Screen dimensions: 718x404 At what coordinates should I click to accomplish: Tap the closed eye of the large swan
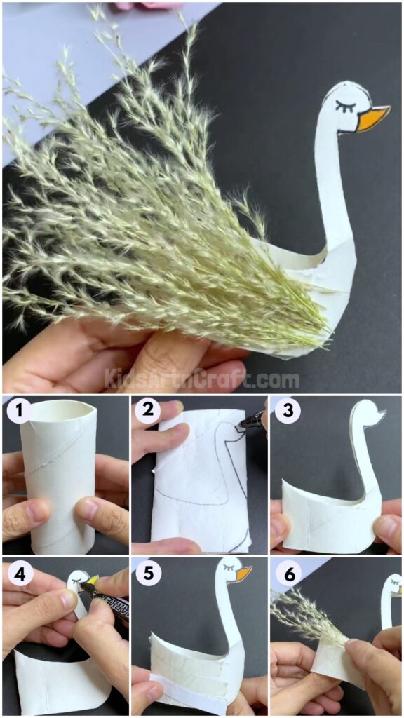click(346, 106)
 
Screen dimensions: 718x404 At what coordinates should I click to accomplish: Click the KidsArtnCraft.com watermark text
click(202, 379)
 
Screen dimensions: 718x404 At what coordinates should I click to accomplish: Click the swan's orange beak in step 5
click(243, 574)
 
